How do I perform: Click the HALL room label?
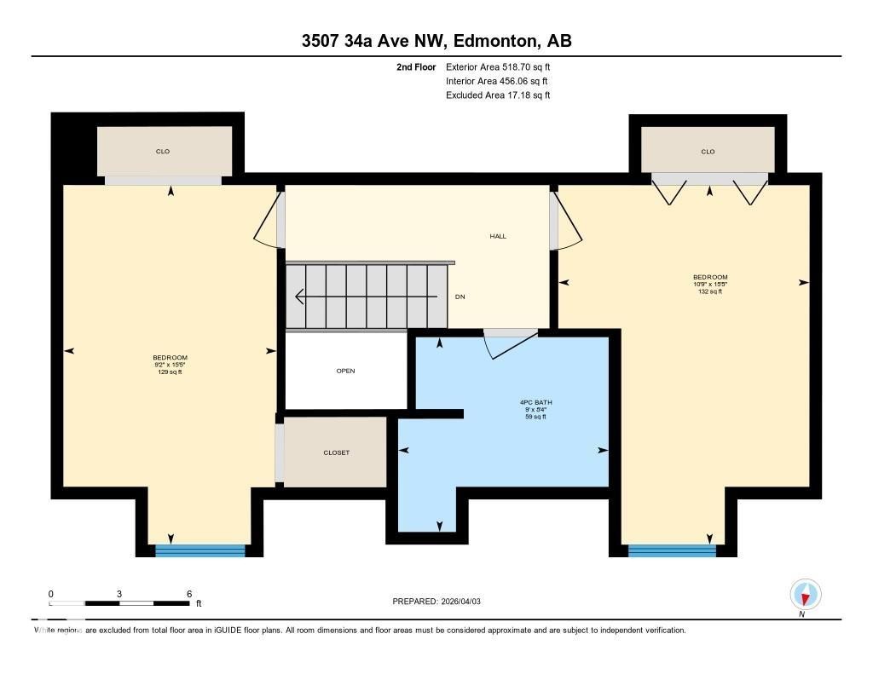(498, 236)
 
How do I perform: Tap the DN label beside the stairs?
(460, 297)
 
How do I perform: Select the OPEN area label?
(345, 371)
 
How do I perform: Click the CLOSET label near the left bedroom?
(336, 452)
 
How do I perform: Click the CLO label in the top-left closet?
(163, 152)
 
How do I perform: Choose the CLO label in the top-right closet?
(708, 152)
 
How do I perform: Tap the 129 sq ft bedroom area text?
(170, 372)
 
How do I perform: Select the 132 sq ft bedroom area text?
(709, 291)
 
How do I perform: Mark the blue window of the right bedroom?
(672, 550)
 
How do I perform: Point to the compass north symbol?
(805, 594)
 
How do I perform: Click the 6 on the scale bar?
(188, 594)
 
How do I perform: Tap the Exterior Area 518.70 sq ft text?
(498, 66)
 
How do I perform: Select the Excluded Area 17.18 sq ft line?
(498, 95)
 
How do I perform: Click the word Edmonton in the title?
(494, 42)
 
